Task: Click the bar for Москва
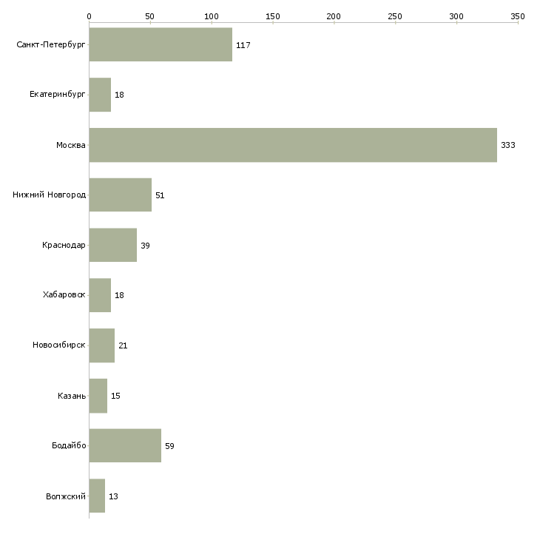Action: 293,145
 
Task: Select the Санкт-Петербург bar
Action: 161,44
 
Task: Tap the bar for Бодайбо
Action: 125,445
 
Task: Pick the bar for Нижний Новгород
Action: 120,195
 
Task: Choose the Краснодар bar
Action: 112,245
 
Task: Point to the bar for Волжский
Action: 97,496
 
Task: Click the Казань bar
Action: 98,395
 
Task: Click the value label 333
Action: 507,145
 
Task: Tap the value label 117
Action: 243,45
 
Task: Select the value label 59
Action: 169,446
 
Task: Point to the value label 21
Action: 123,345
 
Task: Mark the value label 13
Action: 113,496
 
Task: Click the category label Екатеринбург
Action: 58,95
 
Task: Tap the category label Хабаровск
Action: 64,295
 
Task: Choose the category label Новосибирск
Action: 59,345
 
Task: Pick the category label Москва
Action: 71,145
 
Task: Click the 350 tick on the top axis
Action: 518,16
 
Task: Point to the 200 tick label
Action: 334,16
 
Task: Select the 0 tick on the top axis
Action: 89,16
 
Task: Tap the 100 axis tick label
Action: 212,16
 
